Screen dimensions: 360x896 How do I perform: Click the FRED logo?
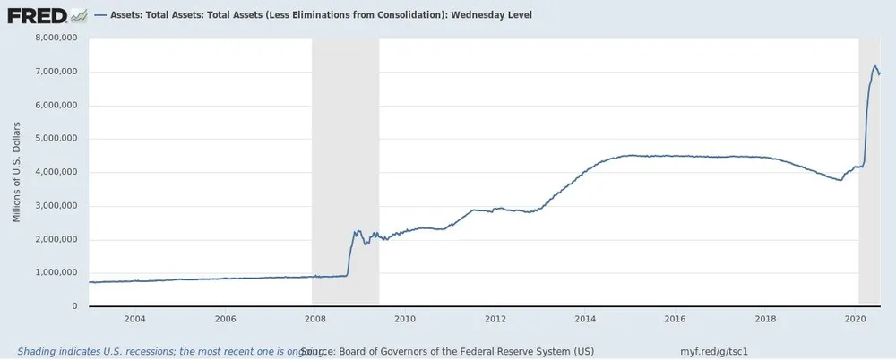click(x=38, y=14)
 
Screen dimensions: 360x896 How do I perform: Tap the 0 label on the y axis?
click(x=74, y=306)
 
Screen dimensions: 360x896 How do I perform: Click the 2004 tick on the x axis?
click(x=134, y=319)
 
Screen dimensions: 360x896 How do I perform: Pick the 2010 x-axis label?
click(x=405, y=319)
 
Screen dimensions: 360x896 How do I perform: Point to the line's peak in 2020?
click(x=875, y=65)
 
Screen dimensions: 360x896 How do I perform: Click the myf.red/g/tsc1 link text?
click(x=714, y=351)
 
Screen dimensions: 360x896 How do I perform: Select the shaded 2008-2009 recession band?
click(x=345, y=170)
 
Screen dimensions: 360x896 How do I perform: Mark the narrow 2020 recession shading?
click(x=870, y=170)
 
